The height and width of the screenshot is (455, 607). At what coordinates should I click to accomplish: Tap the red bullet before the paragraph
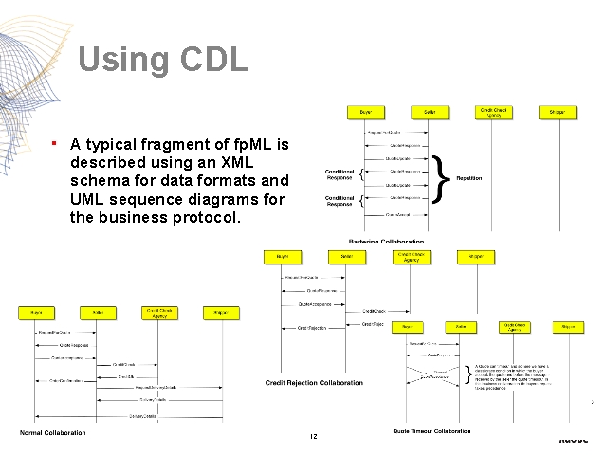(x=56, y=143)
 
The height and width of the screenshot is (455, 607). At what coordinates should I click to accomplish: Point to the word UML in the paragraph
(x=88, y=198)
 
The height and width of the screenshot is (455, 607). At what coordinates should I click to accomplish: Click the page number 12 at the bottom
(x=312, y=436)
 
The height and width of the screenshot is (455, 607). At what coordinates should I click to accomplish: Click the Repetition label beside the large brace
(x=469, y=178)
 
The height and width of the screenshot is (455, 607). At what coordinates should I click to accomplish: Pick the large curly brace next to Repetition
(x=440, y=178)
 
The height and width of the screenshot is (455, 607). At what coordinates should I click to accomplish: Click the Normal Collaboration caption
(x=53, y=433)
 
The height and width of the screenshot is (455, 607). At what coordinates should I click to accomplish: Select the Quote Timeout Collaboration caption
(x=432, y=432)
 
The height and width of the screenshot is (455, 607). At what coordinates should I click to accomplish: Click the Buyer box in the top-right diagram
(x=365, y=112)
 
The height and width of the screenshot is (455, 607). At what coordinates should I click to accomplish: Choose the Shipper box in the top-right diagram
(x=557, y=112)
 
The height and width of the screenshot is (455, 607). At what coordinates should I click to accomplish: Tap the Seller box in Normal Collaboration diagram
(x=98, y=312)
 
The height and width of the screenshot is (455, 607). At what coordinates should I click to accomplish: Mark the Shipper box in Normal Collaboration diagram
(x=220, y=312)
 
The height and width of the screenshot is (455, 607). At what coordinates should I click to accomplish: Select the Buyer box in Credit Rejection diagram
(x=283, y=257)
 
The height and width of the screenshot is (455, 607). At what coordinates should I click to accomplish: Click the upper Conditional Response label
(x=340, y=174)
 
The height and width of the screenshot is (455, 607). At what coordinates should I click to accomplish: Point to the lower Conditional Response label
(x=340, y=200)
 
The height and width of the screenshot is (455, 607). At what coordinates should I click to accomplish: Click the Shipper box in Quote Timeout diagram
(x=568, y=326)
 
